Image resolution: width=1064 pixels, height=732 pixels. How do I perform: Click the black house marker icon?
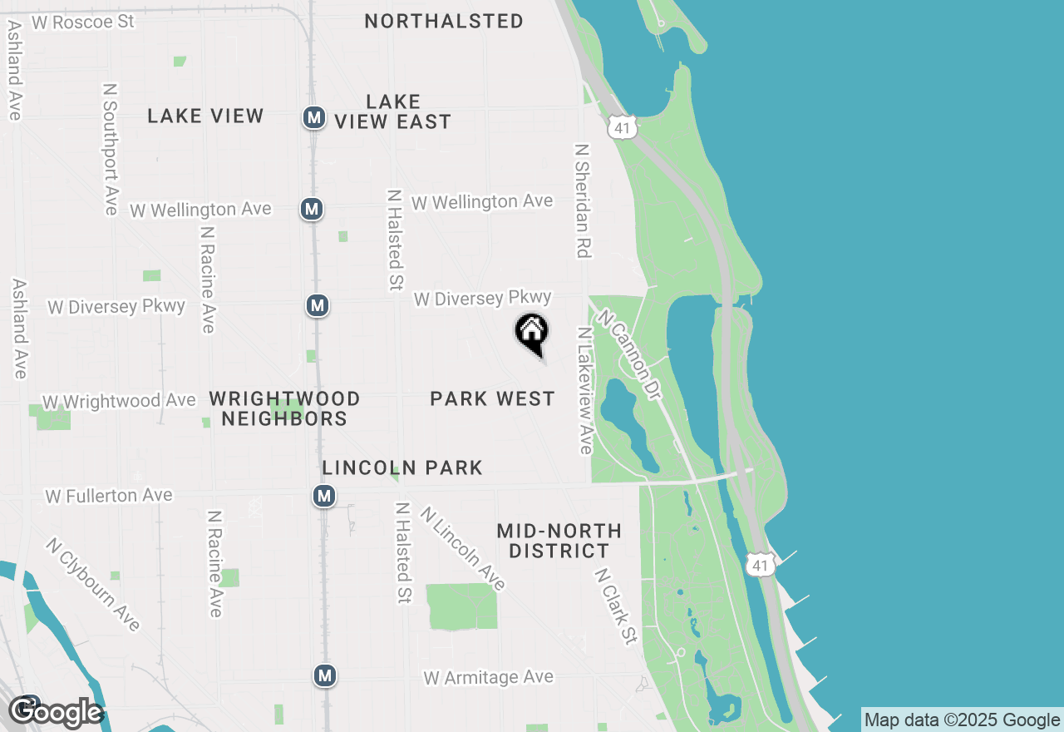[532, 333]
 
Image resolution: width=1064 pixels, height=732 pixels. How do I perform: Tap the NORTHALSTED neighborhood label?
[444, 21]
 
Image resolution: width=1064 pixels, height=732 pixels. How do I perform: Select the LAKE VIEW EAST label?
[393, 111]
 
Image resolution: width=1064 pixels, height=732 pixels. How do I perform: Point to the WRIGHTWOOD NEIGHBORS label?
[284, 408]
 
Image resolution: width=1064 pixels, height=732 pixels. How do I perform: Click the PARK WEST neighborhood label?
[492, 399]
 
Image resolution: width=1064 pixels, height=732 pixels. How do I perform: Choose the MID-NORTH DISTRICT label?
[559, 541]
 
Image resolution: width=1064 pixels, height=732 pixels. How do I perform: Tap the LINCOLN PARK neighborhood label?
[402, 467]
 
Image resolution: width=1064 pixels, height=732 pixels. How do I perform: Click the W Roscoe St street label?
[82, 22]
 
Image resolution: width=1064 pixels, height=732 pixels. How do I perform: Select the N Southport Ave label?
[111, 149]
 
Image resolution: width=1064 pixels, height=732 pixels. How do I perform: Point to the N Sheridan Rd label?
[582, 200]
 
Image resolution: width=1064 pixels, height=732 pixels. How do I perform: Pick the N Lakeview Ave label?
[585, 390]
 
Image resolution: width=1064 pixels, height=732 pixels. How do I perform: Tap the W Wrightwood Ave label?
[119, 401]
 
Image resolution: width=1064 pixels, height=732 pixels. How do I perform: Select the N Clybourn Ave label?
[93, 584]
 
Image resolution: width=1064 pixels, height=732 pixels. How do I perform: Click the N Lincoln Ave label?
[463, 549]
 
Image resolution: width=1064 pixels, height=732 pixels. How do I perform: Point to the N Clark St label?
[616, 606]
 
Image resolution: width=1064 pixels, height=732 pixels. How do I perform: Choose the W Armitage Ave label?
[488, 678]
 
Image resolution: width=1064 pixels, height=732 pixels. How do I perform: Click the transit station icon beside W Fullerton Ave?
[324, 497]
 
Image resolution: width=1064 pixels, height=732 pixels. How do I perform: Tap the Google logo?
[57, 712]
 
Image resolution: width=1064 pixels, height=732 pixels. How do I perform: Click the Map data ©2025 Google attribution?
[962, 720]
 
